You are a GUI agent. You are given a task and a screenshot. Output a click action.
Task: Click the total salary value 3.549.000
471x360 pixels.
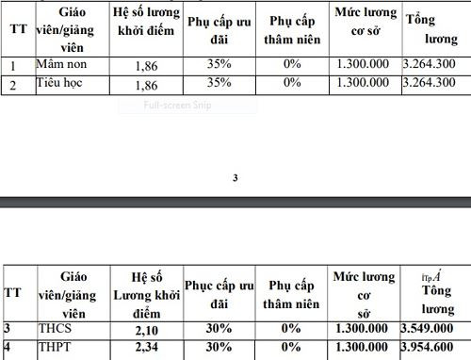[x=433, y=329]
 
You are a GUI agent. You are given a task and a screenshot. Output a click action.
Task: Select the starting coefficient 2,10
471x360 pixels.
[x=140, y=329]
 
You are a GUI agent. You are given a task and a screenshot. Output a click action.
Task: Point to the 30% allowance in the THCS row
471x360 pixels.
[x=219, y=329]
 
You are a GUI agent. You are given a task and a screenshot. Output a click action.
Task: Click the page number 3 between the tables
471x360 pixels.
[x=235, y=177]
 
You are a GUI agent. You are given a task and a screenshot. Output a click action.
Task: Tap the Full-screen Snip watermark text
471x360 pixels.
[x=178, y=105]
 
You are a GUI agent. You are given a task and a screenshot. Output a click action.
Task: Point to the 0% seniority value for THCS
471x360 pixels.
[x=291, y=329]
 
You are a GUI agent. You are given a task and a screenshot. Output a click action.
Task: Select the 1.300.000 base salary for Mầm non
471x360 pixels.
[x=364, y=66]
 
